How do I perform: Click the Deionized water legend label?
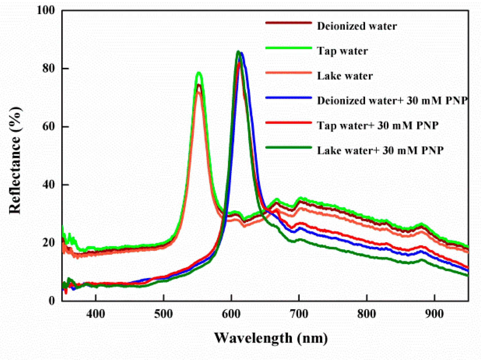pyautogui.click(x=357, y=26)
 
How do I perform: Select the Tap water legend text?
pyautogui.click(x=342, y=51)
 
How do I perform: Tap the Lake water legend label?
pyautogui.click(x=345, y=76)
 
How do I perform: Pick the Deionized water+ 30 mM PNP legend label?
pyautogui.click(x=392, y=101)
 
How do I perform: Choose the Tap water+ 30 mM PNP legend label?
pyautogui.click(x=377, y=126)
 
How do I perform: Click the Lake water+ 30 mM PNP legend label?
pyautogui.click(x=380, y=150)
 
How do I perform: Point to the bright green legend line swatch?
pyautogui.click(x=288, y=48)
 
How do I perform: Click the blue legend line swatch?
pyautogui.click(x=288, y=98)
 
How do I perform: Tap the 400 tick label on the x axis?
pyautogui.click(x=96, y=314)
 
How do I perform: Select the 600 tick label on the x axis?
pyautogui.click(x=231, y=314)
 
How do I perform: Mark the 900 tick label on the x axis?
pyautogui.click(x=434, y=314)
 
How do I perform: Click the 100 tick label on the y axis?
pyautogui.click(x=46, y=10)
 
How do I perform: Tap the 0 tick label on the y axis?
pyautogui.click(x=52, y=301)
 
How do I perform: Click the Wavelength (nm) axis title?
pyautogui.click(x=271, y=338)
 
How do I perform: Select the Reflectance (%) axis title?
pyautogui.click(x=15, y=160)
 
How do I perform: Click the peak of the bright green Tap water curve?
pyautogui.click(x=199, y=73)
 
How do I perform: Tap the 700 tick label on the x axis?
pyautogui.click(x=299, y=314)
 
